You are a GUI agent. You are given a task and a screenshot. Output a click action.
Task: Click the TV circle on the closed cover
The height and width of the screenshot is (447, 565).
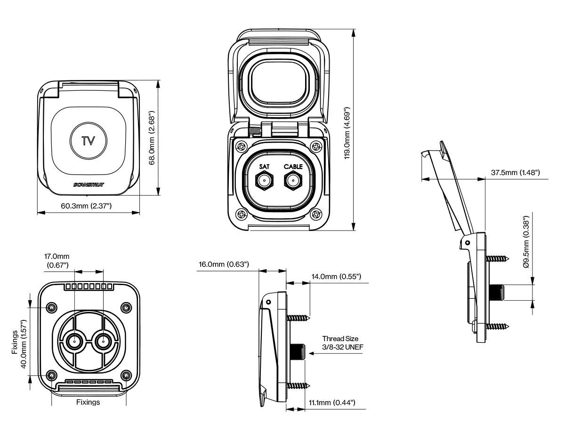click(x=89, y=141)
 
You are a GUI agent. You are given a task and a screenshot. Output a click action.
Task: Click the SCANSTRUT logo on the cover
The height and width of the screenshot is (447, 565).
click(x=89, y=184)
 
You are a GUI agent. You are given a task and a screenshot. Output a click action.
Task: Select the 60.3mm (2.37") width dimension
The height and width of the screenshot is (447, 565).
click(x=86, y=206)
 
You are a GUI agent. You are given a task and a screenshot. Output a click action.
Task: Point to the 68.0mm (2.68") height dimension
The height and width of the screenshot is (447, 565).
click(x=152, y=138)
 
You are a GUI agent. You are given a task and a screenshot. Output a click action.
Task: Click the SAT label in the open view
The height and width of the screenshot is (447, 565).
click(x=264, y=167)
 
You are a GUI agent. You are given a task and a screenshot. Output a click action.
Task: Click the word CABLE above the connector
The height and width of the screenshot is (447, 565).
click(x=292, y=167)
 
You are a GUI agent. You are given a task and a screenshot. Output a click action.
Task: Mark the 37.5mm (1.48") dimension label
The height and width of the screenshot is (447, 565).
click(x=515, y=173)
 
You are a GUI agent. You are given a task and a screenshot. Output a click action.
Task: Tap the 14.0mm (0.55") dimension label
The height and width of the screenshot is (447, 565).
click(x=336, y=276)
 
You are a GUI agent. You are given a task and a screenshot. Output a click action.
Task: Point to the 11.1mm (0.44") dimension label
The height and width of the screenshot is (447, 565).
click(x=331, y=403)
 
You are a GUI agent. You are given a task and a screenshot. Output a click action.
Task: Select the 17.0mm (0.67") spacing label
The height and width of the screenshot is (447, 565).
click(x=57, y=261)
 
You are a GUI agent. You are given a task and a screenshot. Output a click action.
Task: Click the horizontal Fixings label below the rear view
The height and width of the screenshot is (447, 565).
click(x=88, y=402)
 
